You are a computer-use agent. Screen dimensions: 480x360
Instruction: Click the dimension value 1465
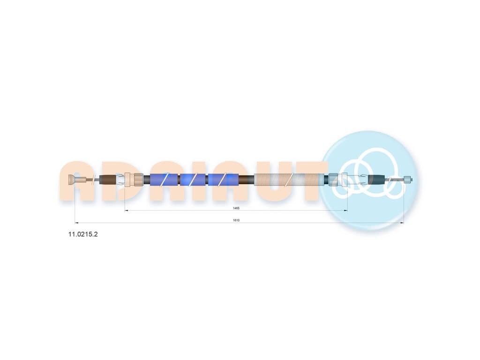(x=236, y=208)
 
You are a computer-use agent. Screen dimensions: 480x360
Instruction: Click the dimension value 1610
(x=236, y=220)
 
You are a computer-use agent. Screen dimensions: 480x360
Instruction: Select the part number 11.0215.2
(x=83, y=234)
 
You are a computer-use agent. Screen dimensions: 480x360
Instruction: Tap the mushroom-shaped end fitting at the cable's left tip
(x=71, y=180)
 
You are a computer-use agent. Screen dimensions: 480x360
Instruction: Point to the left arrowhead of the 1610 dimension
(x=76, y=223)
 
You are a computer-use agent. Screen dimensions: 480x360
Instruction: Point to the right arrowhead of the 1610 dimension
(x=402, y=223)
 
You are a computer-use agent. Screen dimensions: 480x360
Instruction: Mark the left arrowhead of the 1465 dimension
(x=127, y=210)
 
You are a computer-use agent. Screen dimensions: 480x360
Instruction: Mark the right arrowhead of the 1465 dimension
(x=345, y=210)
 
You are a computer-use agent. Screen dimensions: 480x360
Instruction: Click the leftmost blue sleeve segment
(x=164, y=180)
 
